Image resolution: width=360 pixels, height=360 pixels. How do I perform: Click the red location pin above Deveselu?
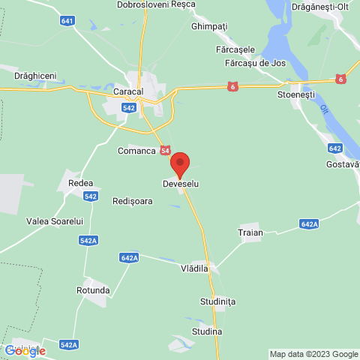tap(180, 163)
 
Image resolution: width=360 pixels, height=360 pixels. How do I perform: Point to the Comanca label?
tap(136, 151)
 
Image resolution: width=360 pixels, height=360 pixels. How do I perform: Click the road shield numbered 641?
tap(68, 21)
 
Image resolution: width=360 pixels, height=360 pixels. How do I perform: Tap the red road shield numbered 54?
tap(164, 151)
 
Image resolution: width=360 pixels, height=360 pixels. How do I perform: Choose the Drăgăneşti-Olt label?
tap(324, 5)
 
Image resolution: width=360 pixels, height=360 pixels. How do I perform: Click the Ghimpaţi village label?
tap(208, 25)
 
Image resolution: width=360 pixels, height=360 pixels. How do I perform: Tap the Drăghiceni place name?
tap(35, 76)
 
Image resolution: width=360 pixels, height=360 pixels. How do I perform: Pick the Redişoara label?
tap(132, 201)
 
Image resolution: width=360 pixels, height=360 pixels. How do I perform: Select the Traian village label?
tap(251, 232)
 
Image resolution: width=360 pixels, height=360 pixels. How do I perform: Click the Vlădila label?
tap(194, 267)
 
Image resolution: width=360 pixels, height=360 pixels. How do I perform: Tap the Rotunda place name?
tap(93, 289)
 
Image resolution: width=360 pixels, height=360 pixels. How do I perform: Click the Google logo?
tap(25, 351)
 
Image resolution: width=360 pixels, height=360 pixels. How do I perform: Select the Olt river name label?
tap(324, 110)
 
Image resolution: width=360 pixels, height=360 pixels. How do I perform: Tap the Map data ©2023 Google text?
tap(313, 354)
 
